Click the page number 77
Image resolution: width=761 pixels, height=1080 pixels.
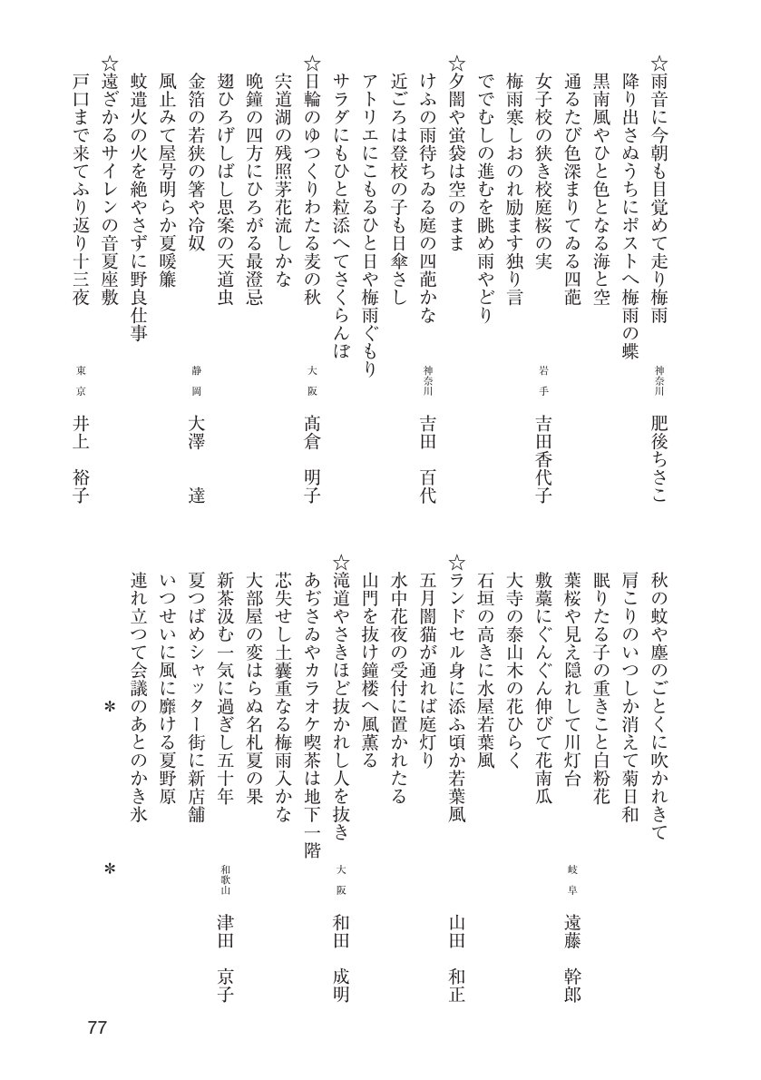[98, 1028]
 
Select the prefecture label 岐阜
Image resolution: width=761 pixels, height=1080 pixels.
[572, 878]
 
